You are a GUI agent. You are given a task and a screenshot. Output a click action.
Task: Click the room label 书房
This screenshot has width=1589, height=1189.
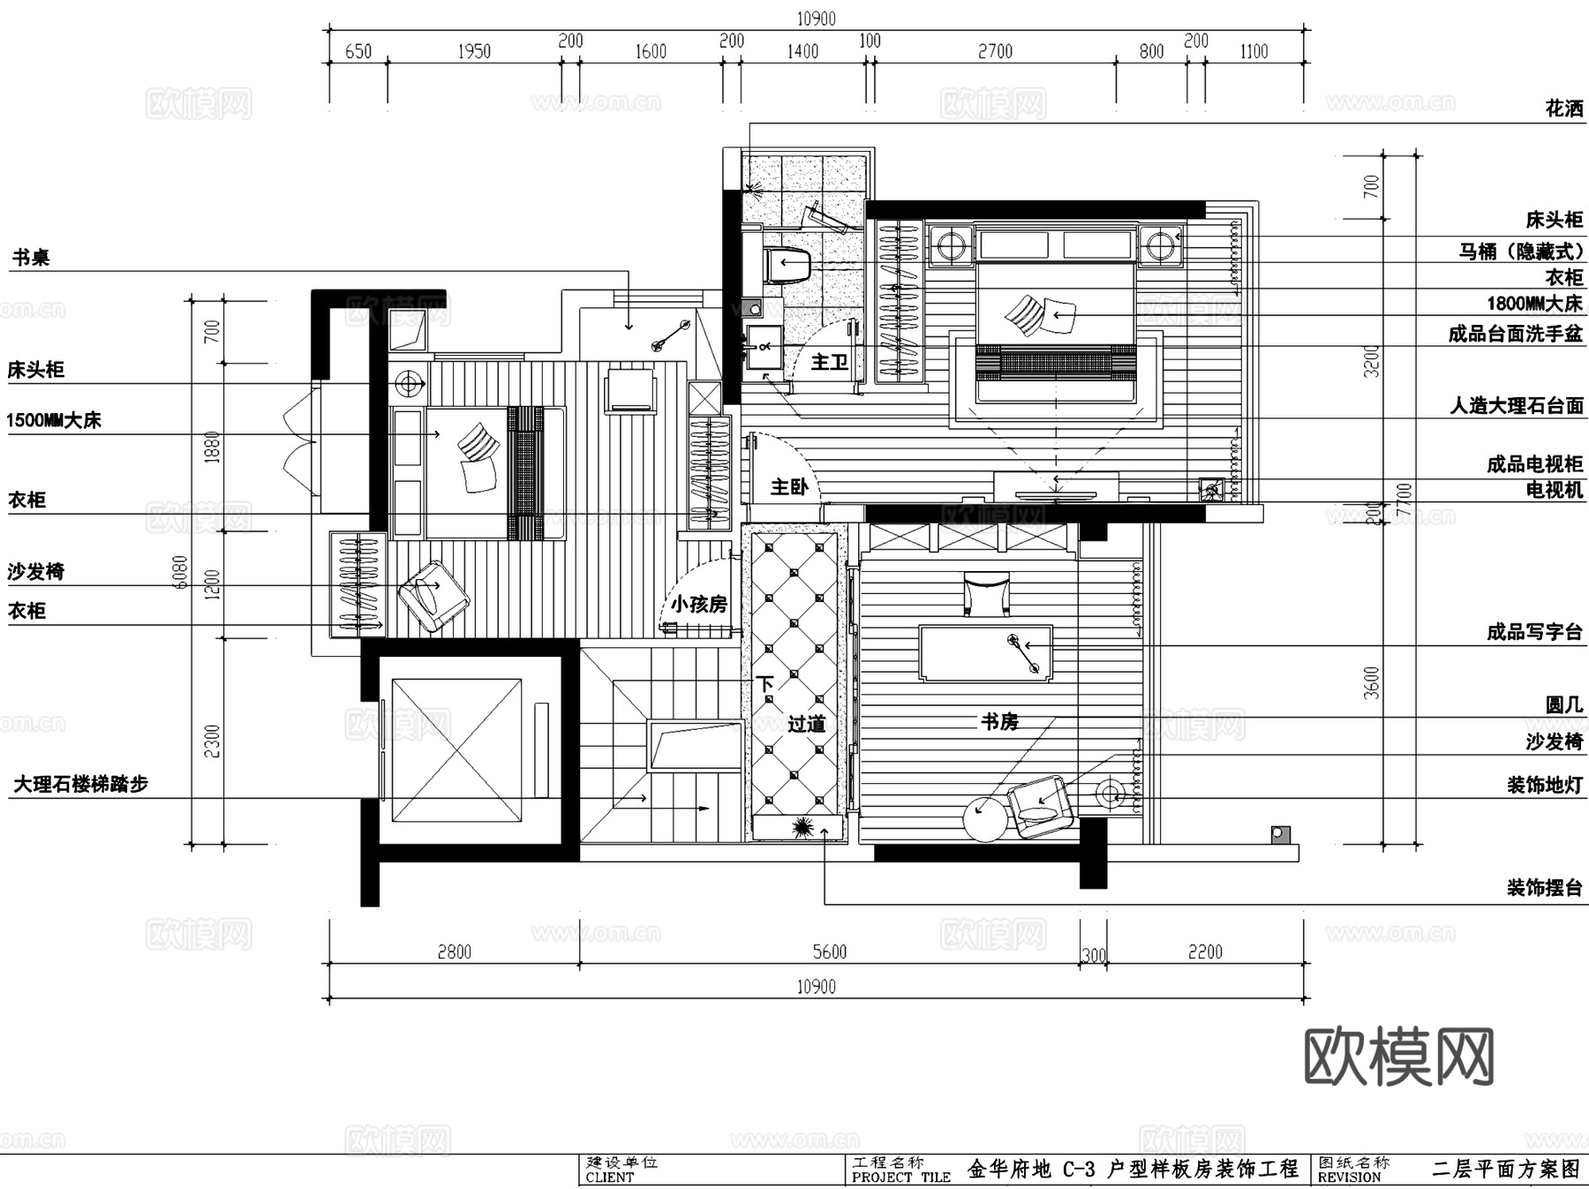[x=999, y=722]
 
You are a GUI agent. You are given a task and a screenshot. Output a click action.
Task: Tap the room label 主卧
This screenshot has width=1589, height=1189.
[x=788, y=487]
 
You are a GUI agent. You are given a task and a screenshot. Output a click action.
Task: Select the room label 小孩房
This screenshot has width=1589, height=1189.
[x=698, y=605]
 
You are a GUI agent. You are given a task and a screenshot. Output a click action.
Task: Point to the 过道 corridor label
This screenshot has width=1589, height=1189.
[x=806, y=725]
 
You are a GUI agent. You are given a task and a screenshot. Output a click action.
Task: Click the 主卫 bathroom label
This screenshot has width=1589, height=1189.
[x=829, y=362]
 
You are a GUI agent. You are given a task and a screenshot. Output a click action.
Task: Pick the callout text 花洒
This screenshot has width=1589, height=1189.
[x=1563, y=109]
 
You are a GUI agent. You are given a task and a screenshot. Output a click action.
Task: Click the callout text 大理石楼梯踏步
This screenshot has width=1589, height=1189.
[x=80, y=784]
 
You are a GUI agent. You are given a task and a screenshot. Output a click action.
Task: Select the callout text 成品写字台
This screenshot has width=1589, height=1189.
[x=1534, y=632]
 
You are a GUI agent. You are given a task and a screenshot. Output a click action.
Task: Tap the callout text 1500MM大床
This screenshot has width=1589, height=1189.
[x=54, y=420]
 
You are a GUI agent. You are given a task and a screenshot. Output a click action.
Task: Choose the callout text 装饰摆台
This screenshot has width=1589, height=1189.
[x=1544, y=888]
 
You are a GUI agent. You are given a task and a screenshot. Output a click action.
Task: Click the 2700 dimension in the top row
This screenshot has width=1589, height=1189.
[x=995, y=52]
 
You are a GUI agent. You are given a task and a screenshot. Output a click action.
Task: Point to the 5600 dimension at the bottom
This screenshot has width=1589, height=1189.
[x=829, y=952]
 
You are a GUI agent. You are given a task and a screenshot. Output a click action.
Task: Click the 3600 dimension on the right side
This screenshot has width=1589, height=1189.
[x=1371, y=682]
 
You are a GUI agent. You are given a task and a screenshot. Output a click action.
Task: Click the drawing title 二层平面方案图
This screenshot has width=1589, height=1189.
[x=1505, y=1170]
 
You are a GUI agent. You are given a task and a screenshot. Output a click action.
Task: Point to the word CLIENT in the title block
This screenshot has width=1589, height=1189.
[x=609, y=1178]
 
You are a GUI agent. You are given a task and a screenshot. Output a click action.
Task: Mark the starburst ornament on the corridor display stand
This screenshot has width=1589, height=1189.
[x=802, y=827]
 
